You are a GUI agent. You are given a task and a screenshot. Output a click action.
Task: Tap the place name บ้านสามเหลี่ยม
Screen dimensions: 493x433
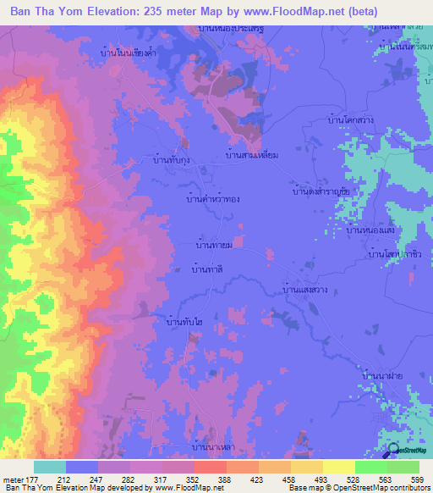point(253,156)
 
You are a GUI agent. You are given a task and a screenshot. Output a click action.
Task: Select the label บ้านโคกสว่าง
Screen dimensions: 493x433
point(350,122)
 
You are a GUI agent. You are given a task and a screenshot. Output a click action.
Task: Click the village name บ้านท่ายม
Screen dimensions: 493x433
point(214,245)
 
